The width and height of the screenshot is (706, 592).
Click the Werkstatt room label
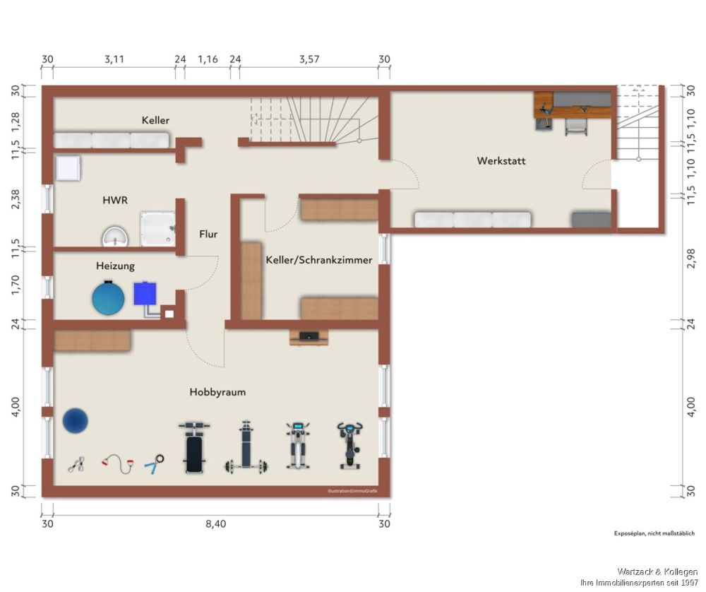pos(501,161)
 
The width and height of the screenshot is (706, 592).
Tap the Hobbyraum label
pos(217,392)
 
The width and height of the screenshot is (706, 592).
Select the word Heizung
pos(115,266)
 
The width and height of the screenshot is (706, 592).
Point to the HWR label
pos(115,200)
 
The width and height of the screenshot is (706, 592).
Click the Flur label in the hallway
pos(208,235)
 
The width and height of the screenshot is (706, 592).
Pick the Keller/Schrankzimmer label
pos(319,260)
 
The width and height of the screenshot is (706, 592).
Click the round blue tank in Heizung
pos(108,298)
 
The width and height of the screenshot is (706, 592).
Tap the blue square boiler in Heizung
pos(145,293)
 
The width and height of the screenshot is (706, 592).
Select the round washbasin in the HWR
pos(115,237)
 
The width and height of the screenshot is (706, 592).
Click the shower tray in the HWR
pos(157,229)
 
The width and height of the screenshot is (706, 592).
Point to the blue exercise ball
pos(76,421)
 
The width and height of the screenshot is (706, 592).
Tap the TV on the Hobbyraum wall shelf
pos(309,336)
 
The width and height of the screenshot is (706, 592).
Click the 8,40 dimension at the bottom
pos(215,524)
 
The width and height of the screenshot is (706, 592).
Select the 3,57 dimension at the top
pos(309,59)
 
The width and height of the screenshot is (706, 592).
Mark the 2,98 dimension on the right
pos(691,258)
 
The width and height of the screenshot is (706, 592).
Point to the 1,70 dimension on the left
pos(16,285)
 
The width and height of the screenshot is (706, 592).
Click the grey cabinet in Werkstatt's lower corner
pos(592,220)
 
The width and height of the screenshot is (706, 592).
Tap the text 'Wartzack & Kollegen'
pos(657,572)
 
